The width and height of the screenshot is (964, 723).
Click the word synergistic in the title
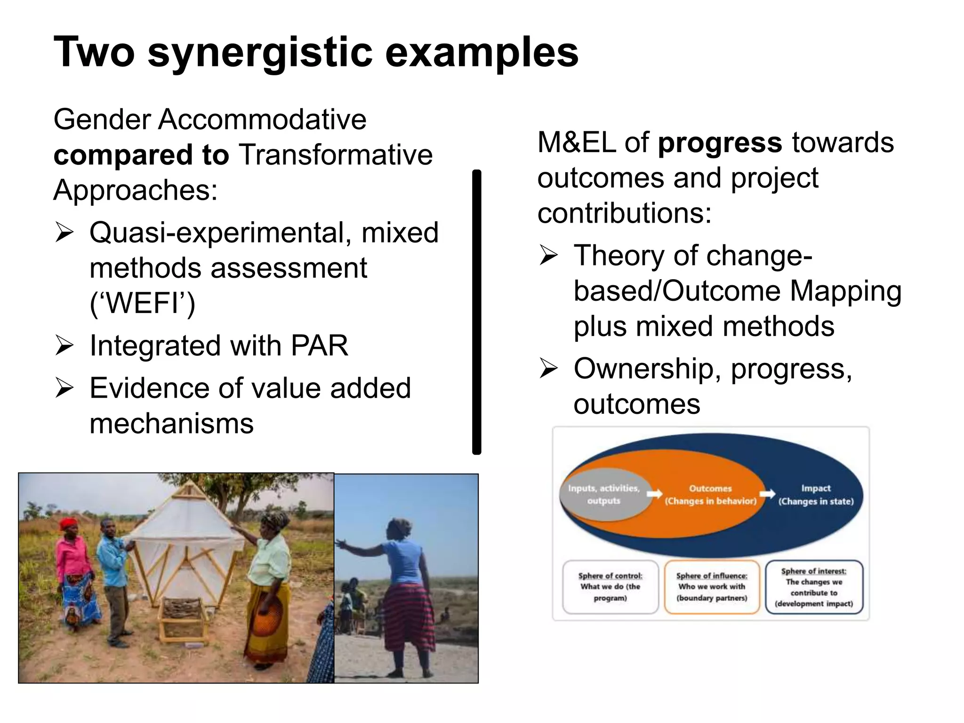[261, 53]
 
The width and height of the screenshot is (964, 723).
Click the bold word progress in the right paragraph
[720, 143]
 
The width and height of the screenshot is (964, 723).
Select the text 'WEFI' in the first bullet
[143, 303]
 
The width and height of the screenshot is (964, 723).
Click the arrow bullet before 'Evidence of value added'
[64, 388]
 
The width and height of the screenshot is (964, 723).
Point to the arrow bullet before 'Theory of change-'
[548, 256]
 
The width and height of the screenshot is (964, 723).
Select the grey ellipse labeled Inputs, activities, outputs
[604, 495]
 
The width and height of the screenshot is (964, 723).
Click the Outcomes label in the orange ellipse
[710, 489]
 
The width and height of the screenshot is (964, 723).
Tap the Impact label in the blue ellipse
[816, 489]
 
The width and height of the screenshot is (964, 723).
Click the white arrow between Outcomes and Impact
[767, 494]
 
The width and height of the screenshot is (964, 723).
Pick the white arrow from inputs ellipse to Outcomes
[654, 494]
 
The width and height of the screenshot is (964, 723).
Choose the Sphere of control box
[610, 587]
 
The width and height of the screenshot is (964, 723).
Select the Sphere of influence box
[712, 587]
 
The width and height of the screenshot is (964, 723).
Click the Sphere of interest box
[814, 587]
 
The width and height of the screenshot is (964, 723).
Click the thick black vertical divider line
[476, 312]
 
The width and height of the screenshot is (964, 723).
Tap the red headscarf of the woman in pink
[70, 523]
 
